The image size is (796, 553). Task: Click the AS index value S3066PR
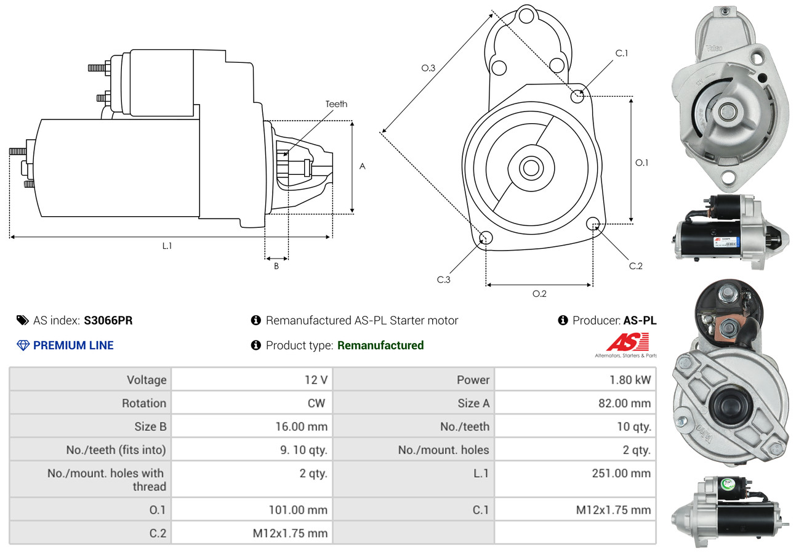[108, 320]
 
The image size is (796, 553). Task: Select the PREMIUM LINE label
[73, 345]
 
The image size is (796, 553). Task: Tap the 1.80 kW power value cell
[630, 380]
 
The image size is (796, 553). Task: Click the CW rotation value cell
[316, 403]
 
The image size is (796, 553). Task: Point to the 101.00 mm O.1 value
[299, 510]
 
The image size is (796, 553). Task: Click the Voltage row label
[147, 380]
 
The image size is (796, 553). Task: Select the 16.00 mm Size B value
[301, 426]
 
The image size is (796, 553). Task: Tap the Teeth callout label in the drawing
[336, 104]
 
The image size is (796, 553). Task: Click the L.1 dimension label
[167, 246]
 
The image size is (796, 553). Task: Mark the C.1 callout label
[622, 53]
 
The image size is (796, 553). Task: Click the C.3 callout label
[444, 280]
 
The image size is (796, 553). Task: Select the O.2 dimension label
[539, 294]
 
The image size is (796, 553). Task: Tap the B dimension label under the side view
[276, 266]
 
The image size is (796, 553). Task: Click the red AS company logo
[627, 342]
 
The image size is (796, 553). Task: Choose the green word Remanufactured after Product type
[380, 345]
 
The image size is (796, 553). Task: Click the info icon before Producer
[563, 320]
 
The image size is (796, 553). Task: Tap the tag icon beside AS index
[22, 320]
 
